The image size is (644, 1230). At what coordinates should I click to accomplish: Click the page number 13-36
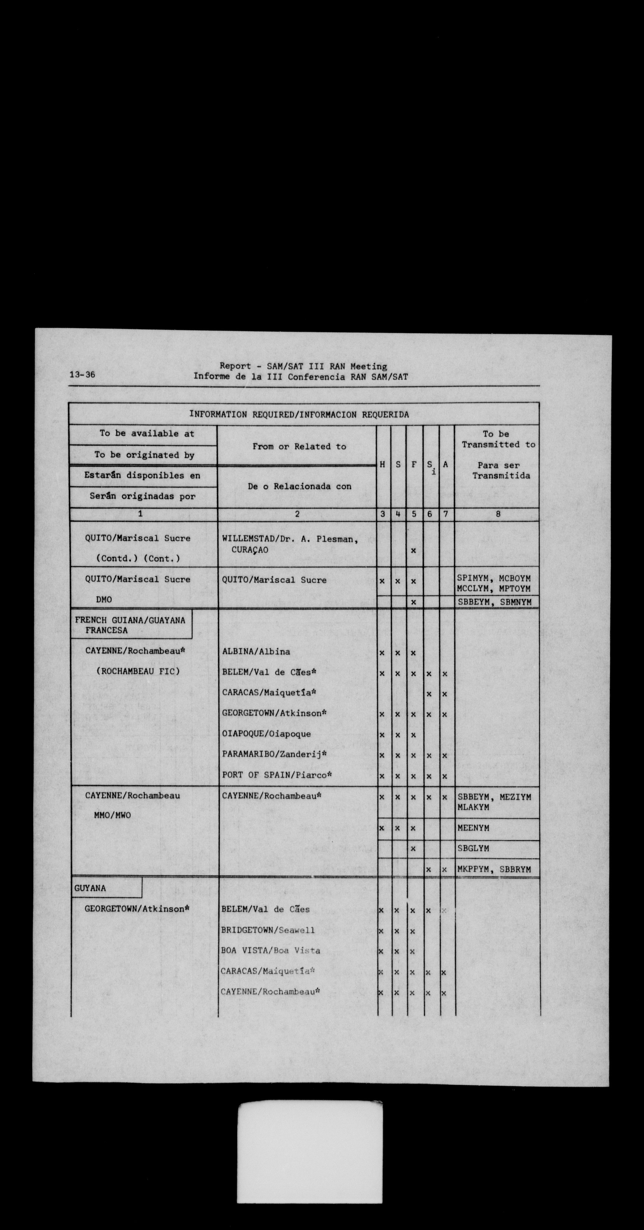(82, 375)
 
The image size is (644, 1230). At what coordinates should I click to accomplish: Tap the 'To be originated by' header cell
(144, 455)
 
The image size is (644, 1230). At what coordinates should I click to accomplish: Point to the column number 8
(498, 514)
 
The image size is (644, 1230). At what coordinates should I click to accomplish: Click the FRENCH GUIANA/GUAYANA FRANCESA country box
(131, 625)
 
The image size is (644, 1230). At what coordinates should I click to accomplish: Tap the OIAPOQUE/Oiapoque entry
(266, 734)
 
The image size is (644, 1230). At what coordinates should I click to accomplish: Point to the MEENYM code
(473, 828)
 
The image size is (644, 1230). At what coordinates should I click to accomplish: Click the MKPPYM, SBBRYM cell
(494, 869)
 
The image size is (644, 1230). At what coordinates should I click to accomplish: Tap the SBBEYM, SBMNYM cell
(494, 602)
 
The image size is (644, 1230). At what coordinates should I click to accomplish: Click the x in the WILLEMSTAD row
(413, 550)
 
